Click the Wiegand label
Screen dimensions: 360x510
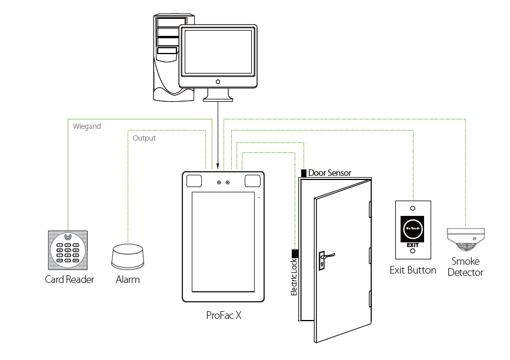click(86, 126)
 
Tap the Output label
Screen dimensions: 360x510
click(144, 138)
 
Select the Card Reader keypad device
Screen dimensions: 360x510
click(69, 249)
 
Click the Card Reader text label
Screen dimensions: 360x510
click(69, 279)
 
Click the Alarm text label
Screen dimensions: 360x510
click(128, 279)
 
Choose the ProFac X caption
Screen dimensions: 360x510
click(224, 316)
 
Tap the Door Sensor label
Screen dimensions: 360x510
click(329, 173)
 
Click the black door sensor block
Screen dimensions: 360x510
click(304, 173)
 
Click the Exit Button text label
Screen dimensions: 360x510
click(413, 270)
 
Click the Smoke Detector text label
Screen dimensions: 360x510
click(465, 266)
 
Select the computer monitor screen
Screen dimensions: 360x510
click(218, 51)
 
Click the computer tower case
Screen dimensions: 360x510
click(166, 56)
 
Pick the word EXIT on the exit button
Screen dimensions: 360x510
click(413, 244)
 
